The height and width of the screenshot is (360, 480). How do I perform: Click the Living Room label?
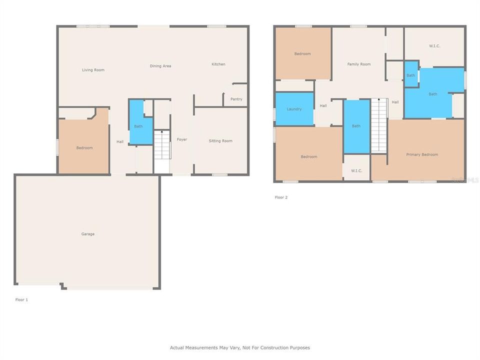pyautogui.click(x=93, y=70)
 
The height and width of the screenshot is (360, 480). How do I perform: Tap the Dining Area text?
pyautogui.click(x=160, y=66)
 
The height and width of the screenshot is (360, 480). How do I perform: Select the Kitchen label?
pyautogui.click(x=218, y=64)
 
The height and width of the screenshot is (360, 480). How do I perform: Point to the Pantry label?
pyautogui.click(x=236, y=99)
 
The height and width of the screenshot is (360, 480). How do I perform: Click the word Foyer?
pyautogui.click(x=182, y=139)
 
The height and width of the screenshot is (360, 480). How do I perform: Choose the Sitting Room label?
pyautogui.click(x=220, y=141)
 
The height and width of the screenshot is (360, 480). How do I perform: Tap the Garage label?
pyautogui.click(x=88, y=234)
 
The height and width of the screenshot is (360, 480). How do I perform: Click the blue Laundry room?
pyautogui.click(x=294, y=109)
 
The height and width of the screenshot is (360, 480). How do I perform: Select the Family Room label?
pyautogui.click(x=359, y=64)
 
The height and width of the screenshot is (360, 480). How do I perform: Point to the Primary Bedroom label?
pyautogui.click(x=422, y=154)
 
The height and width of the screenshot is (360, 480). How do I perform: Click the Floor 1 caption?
pyautogui.click(x=21, y=299)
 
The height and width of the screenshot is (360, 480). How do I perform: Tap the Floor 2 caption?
pyautogui.click(x=281, y=197)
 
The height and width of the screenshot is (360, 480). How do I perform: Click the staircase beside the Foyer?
pyautogui.click(x=161, y=145)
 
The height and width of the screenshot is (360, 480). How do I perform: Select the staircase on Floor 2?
pyautogui.click(x=379, y=125)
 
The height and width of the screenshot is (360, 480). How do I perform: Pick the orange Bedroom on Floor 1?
pyautogui.click(x=84, y=147)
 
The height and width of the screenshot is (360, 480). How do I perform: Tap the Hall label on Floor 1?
pyautogui.click(x=120, y=142)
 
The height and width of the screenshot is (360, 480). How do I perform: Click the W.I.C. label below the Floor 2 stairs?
pyautogui.click(x=356, y=170)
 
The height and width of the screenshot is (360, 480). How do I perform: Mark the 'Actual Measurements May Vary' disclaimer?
pyautogui.click(x=240, y=347)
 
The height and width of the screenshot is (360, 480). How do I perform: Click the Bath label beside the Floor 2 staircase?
pyautogui.click(x=356, y=126)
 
